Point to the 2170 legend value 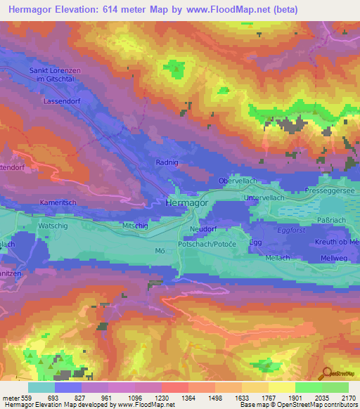coord(347,397)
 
